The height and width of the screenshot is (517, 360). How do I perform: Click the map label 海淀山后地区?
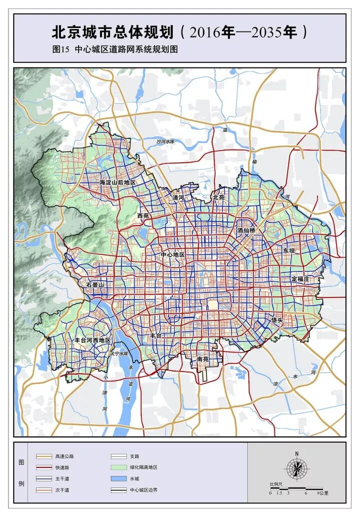point(117,182)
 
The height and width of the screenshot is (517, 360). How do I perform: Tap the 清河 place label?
point(178,198)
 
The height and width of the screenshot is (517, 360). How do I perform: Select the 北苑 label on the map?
point(219,197)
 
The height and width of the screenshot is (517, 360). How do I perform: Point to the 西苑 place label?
point(143,215)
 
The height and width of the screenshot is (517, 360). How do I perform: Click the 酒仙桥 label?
point(246,230)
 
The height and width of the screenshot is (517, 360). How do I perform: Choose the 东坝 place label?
point(289,250)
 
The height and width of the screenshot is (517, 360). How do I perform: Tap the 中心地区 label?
point(173,254)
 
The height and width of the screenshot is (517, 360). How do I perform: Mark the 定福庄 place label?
point(300,278)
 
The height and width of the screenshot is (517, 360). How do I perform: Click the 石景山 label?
point(94,284)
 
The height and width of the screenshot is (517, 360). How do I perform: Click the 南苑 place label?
point(203,359)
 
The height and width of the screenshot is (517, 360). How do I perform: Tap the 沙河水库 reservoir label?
point(165,142)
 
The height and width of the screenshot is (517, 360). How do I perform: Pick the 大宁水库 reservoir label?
point(119,353)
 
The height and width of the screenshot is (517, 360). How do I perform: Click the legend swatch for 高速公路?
point(43,456)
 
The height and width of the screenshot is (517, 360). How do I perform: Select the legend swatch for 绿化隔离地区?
point(118,467)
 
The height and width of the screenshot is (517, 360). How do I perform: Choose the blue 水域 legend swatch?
point(118,479)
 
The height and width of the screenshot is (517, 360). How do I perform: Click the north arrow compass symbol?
point(296,468)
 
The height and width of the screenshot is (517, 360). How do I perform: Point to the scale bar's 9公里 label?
point(323,493)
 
